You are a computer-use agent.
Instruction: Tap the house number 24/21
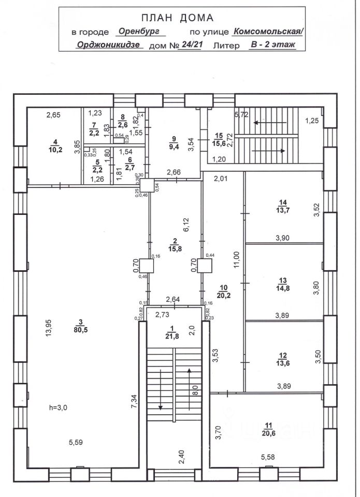tap(189, 45)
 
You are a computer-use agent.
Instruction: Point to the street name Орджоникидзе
tap(109, 45)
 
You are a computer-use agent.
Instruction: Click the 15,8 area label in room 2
tap(175, 248)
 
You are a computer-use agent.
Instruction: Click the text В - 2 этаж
tap(273, 45)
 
